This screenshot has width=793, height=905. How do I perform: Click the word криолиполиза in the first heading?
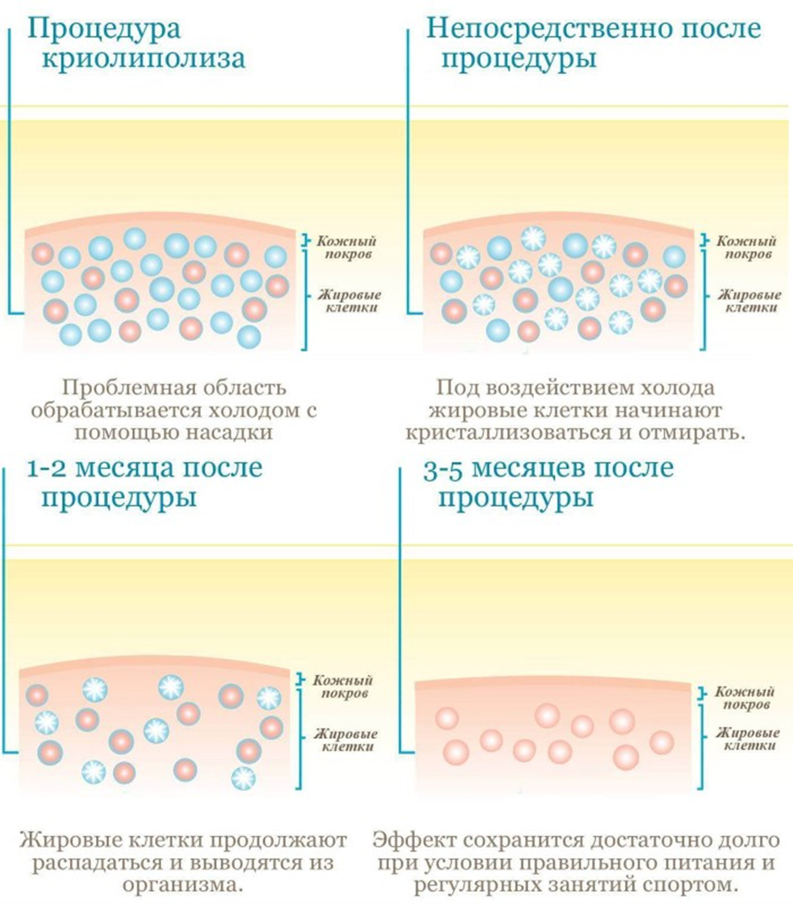tap(143, 59)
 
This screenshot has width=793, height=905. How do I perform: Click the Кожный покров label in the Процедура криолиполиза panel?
tap(346, 247)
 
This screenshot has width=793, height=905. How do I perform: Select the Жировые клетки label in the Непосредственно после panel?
tap(749, 301)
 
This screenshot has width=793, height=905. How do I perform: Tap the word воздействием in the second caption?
tap(548, 388)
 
